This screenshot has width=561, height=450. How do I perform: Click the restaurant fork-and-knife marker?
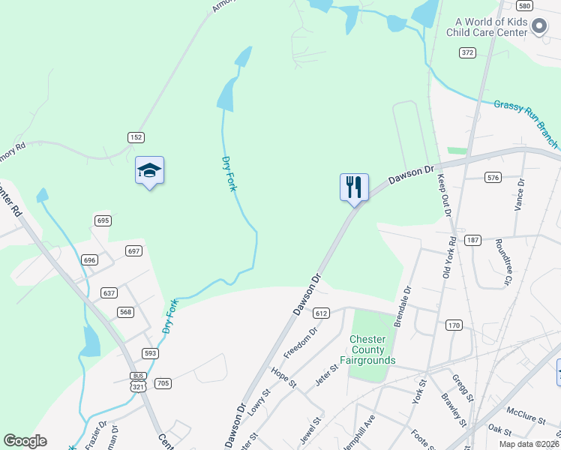[x=354, y=187]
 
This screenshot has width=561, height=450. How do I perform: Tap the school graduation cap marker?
[x=149, y=171]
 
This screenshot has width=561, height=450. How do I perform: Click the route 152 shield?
[x=136, y=137]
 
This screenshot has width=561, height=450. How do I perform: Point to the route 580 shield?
[x=524, y=6]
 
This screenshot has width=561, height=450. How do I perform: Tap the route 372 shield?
[x=468, y=52]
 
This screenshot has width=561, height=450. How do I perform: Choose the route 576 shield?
[x=493, y=178]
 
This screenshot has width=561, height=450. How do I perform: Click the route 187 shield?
[x=472, y=240]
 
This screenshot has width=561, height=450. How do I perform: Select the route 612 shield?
[x=322, y=313]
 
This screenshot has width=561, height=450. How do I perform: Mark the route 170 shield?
[x=454, y=325]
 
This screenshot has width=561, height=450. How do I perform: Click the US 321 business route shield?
[x=138, y=382]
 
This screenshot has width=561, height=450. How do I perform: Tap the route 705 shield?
[x=163, y=383]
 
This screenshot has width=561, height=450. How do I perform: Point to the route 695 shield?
[x=103, y=220]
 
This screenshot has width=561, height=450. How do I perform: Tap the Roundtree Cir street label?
[x=502, y=262]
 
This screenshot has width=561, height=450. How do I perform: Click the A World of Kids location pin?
[x=538, y=28]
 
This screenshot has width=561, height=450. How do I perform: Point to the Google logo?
[x=25, y=441]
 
